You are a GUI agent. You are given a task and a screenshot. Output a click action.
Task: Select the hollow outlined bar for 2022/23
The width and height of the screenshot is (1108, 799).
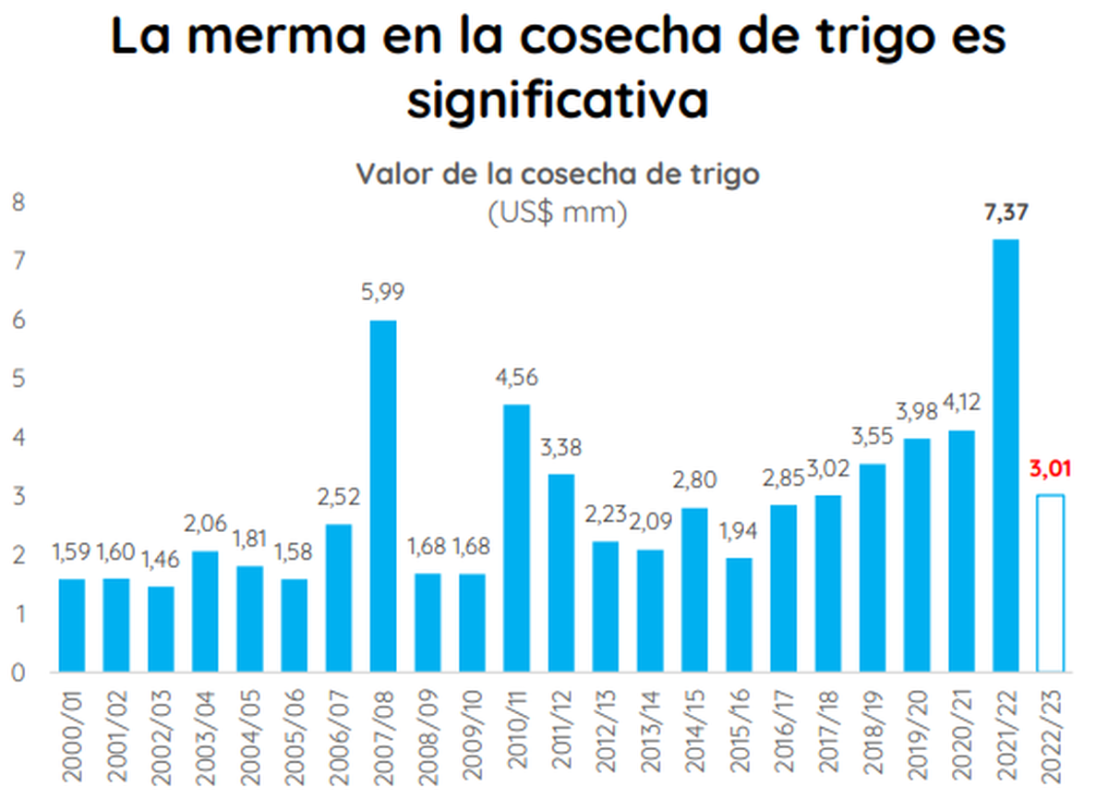click(x=1050, y=583)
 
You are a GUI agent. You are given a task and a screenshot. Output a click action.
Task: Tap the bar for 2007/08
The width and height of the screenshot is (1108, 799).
click(x=383, y=496)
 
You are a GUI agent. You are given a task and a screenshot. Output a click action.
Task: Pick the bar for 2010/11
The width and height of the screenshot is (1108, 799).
click(x=517, y=538)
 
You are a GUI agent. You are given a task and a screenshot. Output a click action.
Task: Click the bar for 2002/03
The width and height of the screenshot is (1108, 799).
click(x=161, y=629)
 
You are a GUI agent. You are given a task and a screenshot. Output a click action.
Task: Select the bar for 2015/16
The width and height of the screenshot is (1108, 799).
click(x=740, y=614)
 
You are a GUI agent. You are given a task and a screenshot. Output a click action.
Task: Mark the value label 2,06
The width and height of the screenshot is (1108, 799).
click(x=205, y=525)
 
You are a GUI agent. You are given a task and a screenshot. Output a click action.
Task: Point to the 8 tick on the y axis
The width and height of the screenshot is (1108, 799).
click(x=18, y=202)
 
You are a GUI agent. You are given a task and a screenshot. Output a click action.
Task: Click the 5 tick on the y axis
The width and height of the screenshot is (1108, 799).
click(x=18, y=379)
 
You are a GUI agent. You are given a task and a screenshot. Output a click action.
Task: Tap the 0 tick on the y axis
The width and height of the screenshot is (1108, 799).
click(x=18, y=672)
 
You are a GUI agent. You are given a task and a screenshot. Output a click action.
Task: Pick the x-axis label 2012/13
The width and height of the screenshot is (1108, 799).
click(x=607, y=733)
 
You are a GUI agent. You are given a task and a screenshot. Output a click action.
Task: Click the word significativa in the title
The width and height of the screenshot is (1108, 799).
click(x=557, y=100)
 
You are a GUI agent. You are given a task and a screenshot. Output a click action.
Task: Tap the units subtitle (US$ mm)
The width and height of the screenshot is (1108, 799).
click(x=557, y=213)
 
